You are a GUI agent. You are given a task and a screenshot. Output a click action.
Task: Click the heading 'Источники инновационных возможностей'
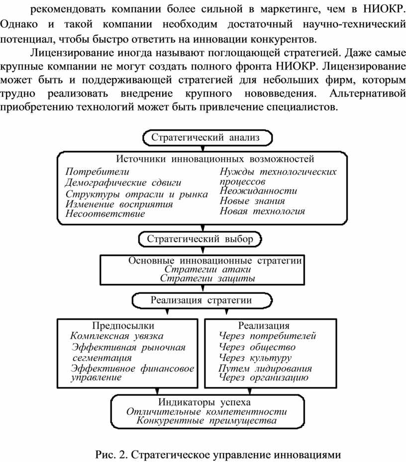[x=215, y=159]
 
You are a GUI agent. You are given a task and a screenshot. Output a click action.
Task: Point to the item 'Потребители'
[x=98, y=172]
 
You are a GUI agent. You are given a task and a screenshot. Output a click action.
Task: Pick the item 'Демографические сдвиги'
[x=123, y=183]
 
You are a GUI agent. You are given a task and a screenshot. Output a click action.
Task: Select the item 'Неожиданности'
[x=258, y=191]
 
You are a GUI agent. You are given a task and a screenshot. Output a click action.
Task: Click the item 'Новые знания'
[x=252, y=201]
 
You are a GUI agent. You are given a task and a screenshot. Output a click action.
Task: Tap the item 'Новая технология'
[x=262, y=211]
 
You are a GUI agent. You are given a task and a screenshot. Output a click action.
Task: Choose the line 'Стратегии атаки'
[x=207, y=269]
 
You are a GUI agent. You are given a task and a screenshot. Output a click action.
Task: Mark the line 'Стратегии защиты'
[x=207, y=278]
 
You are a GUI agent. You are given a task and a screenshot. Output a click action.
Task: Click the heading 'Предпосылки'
[x=123, y=326]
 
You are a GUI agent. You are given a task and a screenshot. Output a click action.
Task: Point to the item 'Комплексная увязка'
[x=117, y=336]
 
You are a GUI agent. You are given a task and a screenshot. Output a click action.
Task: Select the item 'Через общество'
[x=257, y=347]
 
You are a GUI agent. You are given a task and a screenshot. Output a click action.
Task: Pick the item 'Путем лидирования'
[x=265, y=369]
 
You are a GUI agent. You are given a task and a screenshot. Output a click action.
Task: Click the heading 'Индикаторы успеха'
[x=204, y=402]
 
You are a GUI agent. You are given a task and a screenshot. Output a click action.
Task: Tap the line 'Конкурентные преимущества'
[x=206, y=420]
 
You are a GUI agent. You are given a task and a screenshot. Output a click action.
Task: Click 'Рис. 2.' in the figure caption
[x=110, y=455]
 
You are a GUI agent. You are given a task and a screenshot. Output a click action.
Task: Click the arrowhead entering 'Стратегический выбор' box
[x=203, y=228]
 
